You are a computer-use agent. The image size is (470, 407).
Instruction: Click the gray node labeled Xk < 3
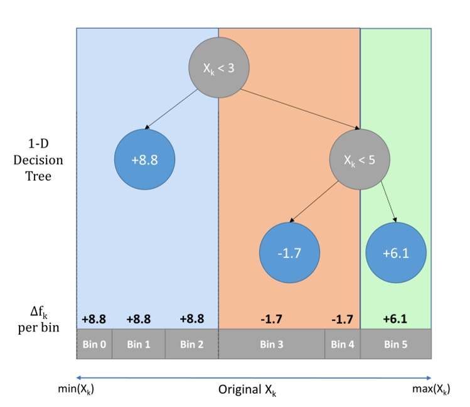pyautogui.click(x=219, y=68)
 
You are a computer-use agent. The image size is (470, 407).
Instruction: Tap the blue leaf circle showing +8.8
pyautogui.click(x=144, y=159)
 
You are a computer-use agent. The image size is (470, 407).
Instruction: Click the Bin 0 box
pyautogui.click(x=94, y=344)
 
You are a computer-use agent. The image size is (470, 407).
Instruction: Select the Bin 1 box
pyautogui.click(x=139, y=344)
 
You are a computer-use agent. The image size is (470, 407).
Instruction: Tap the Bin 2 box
pyautogui.click(x=191, y=344)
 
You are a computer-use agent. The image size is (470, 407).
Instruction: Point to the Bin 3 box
pyautogui.click(x=272, y=344)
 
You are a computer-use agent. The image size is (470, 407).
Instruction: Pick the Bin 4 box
pyautogui.click(x=343, y=344)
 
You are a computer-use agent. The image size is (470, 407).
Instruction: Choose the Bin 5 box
pyautogui.click(x=395, y=344)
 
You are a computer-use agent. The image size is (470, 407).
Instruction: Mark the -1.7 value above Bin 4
pyautogui.click(x=343, y=319)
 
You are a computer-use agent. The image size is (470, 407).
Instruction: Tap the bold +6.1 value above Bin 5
pyautogui.click(x=395, y=319)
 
